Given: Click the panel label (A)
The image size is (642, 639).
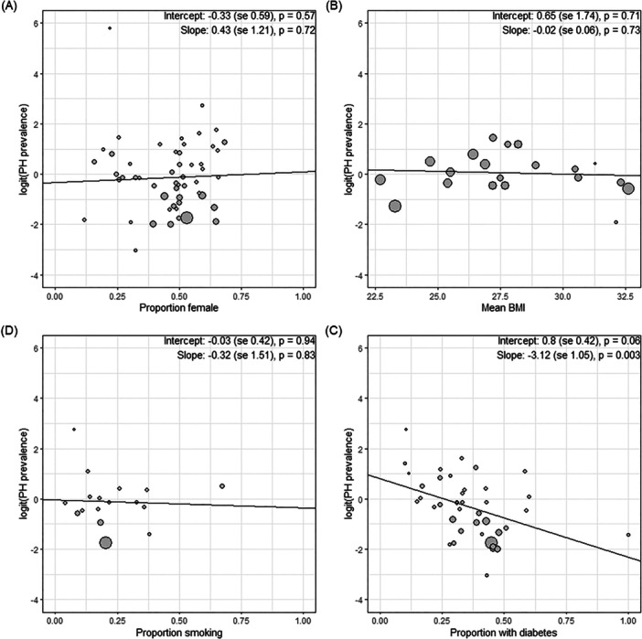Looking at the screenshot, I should click(x=12, y=6).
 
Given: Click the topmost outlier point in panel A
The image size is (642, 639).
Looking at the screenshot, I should click(x=110, y=28).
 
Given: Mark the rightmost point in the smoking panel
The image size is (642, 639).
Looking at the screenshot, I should click(x=222, y=486).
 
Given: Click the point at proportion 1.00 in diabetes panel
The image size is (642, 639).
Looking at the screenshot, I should click(x=628, y=535).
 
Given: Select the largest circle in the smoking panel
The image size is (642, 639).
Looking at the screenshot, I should click(x=105, y=543).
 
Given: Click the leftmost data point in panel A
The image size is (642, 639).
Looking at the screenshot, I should click(x=84, y=220).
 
